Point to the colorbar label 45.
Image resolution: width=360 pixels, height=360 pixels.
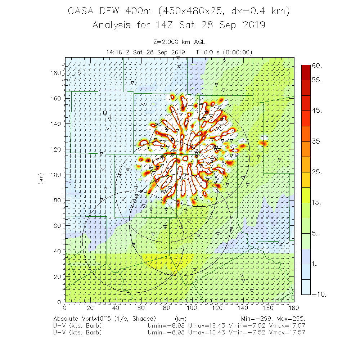[317, 111]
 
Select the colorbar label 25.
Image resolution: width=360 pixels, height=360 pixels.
[317, 172]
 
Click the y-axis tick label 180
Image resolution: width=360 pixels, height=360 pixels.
[56, 73]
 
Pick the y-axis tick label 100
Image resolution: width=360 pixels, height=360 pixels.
[56, 175]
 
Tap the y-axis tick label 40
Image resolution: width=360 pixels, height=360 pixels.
[58, 251]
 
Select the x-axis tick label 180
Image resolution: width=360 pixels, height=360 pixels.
[294, 308]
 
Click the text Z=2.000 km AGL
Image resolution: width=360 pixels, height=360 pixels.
[179, 42]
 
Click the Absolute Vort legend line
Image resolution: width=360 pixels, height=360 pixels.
[104, 319]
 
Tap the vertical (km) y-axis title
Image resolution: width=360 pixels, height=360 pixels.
[40, 180]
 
